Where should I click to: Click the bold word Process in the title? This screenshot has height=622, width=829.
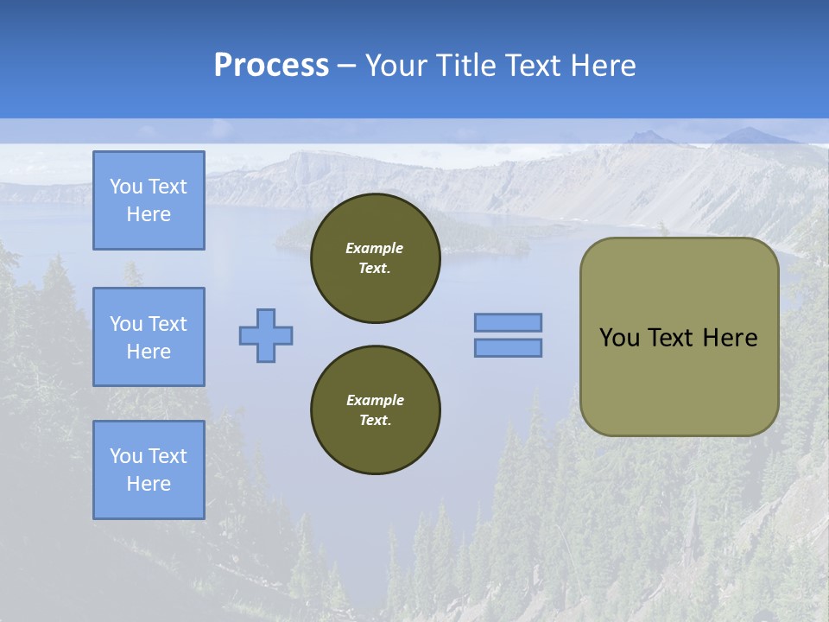[x=271, y=66]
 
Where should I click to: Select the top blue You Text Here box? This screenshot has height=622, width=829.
[x=149, y=200]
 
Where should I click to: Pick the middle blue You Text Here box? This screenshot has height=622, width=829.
[x=149, y=337]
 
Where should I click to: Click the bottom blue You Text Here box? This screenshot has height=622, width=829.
[x=149, y=470]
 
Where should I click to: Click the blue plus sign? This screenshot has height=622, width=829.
[x=266, y=335]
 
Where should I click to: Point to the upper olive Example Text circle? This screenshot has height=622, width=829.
[x=375, y=258]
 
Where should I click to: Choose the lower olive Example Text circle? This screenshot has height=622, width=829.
[x=375, y=410]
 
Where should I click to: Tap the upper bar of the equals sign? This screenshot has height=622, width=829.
[x=508, y=322]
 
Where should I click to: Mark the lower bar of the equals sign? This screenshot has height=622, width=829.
[x=508, y=347]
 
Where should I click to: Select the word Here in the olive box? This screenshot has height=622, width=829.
[x=730, y=338]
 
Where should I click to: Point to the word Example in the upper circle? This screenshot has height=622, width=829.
[x=375, y=249]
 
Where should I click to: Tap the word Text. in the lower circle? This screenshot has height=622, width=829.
[x=375, y=421]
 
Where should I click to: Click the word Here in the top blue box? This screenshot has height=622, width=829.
[x=149, y=214]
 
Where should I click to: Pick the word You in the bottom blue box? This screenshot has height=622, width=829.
[x=126, y=456]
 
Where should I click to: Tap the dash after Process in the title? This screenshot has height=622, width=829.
[x=347, y=66]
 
